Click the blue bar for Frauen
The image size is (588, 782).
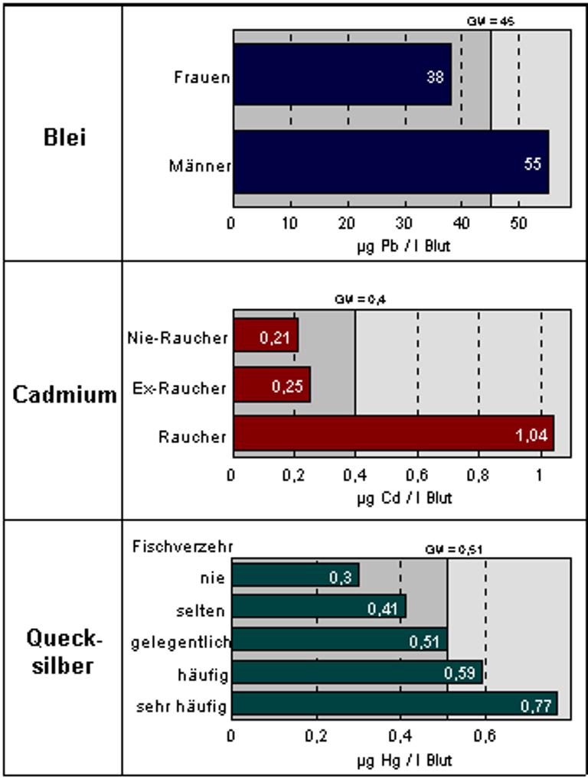342,74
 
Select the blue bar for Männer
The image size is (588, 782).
390,161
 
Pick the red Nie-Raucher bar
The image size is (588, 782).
266,335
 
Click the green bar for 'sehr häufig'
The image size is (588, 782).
394,704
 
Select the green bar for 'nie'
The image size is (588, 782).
296,575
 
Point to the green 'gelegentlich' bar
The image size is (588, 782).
339,639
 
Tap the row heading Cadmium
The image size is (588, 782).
64,394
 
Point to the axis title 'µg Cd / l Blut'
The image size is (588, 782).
404,498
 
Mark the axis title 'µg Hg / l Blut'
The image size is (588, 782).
404,761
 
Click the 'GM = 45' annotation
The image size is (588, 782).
490,21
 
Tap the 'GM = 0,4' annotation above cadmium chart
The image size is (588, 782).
354,300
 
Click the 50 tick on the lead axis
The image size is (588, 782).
518,223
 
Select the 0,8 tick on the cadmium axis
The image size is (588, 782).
479,474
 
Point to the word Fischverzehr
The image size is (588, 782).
182,546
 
